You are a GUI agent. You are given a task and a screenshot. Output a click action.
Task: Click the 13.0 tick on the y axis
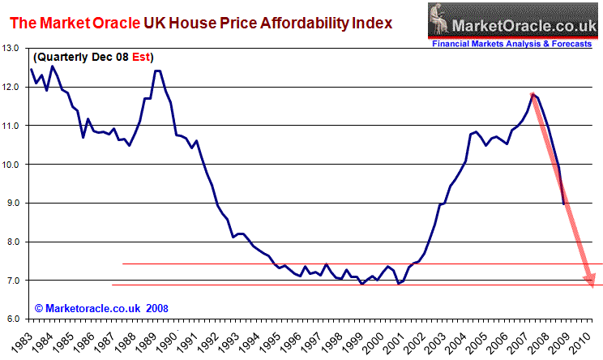(12, 49)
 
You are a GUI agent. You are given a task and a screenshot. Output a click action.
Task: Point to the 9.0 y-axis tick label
(12, 204)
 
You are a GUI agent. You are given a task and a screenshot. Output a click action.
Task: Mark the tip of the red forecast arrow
(592, 285)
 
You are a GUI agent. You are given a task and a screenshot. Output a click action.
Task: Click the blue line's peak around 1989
(156, 71)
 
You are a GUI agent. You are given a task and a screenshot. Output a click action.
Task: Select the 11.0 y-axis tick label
(12, 126)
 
